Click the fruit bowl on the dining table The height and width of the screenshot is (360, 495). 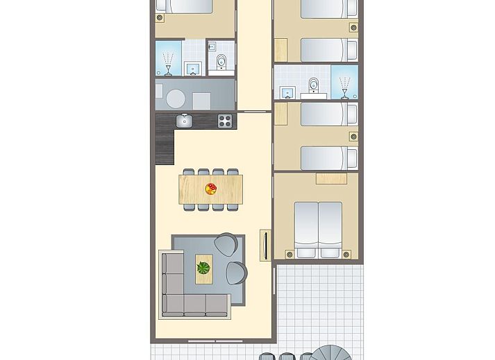[x=211, y=189]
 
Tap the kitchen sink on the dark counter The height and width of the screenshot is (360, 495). [x=184, y=121]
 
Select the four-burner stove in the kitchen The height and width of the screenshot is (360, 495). [x=225, y=121]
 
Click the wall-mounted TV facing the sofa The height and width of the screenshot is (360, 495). [x=264, y=246]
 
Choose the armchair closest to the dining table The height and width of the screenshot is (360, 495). [x=226, y=244]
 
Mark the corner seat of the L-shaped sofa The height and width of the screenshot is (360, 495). [x=173, y=305]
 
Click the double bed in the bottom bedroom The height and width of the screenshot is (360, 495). [x=319, y=229]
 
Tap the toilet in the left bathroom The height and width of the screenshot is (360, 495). [x=221, y=61]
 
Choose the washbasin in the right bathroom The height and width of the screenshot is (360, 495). [x=286, y=92]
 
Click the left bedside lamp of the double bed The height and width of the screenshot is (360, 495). [x=283, y=254]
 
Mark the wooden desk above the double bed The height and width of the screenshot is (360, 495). [x=330, y=179]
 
